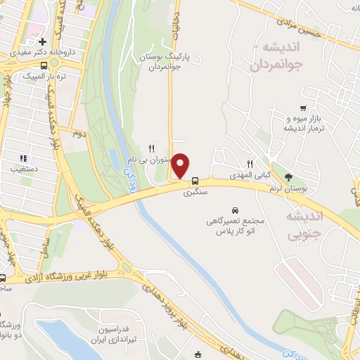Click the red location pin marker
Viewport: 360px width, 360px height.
(181, 165)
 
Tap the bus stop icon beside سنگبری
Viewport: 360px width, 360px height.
(195, 180)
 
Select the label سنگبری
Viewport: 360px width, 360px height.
(195, 191)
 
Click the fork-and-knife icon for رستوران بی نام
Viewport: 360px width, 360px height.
(150, 148)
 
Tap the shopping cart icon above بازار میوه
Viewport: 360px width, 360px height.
(302, 108)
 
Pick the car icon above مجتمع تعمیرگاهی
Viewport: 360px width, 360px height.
(236, 210)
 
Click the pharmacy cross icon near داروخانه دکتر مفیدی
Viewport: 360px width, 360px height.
(43, 41)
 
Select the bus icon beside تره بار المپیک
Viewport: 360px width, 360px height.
(45, 65)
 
